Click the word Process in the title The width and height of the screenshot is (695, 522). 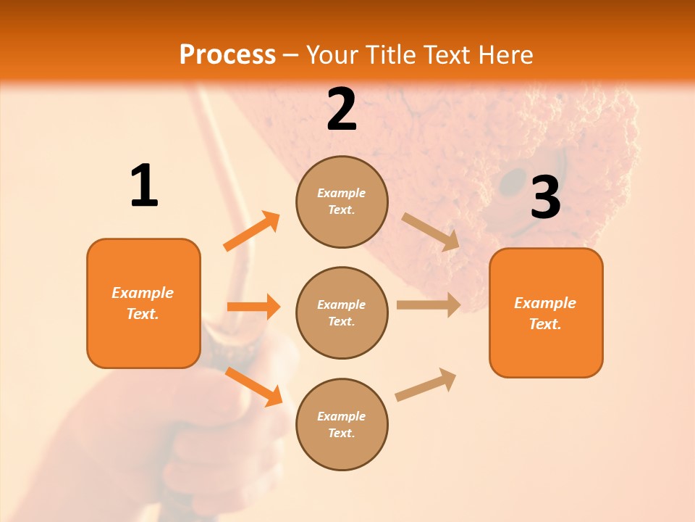[x=227, y=55]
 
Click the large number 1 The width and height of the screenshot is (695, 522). [x=144, y=186]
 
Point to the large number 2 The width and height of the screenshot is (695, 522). [x=342, y=109]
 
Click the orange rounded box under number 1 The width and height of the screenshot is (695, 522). [x=143, y=303]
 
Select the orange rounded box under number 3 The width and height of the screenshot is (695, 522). [x=546, y=313]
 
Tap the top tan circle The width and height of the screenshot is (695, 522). [x=342, y=202]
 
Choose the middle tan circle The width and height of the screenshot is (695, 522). [x=342, y=312]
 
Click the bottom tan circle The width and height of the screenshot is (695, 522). [x=342, y=424]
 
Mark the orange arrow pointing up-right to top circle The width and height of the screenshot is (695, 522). [x=252, y=231]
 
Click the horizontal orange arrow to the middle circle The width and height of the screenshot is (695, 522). [x=253, y=307]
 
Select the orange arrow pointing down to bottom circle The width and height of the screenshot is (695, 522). [x=253, y=386]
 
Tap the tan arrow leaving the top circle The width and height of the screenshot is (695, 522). [x=431, y=232]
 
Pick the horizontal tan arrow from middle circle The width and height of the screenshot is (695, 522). [x=429, y=305]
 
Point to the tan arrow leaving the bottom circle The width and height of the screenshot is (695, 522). [x=426, y=385]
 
